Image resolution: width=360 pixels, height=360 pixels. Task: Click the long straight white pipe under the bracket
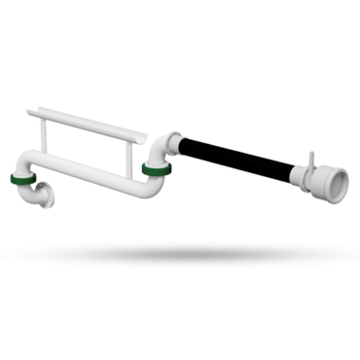(88, 183)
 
